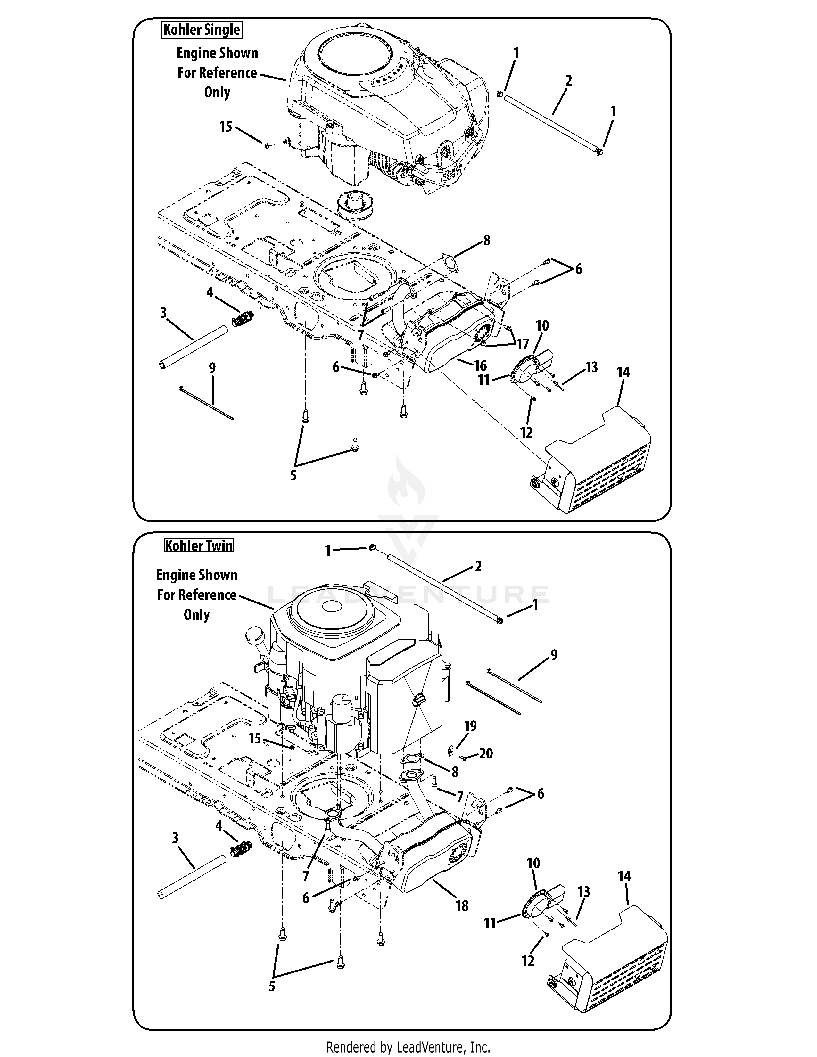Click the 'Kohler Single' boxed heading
[x=201, y=30]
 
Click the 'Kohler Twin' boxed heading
[x=199, y=545]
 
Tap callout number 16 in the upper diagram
[x=480, y=365]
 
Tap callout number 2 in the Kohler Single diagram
[x=569, y=80]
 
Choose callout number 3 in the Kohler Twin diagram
[x=175, y=838]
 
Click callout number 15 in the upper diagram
[x=226, y=127]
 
